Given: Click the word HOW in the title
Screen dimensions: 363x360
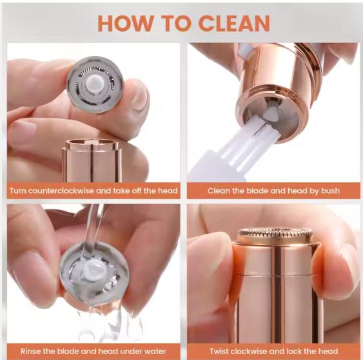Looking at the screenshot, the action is click(x=124, y=23).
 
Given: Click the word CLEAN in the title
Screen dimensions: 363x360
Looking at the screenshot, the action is click(x=234, y=23).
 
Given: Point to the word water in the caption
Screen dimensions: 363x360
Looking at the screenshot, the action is click(x=155, y=352).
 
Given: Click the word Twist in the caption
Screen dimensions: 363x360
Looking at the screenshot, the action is click(x=219, y=352).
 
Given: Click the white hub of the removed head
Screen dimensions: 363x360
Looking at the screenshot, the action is click(x=93, y=84).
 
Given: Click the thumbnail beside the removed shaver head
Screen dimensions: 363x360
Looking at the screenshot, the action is click(x=139, y=98).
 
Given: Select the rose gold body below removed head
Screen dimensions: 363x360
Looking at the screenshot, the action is click(x=92, y=160).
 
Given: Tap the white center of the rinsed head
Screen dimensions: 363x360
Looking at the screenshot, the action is click(x=94, y=269).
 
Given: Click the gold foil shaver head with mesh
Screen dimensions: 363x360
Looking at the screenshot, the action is click(x=275, y=235).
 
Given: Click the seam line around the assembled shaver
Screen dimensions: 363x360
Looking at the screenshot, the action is click(x=277, y=275).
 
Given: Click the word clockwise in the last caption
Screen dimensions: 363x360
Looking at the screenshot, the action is click(x=248, y=352).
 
